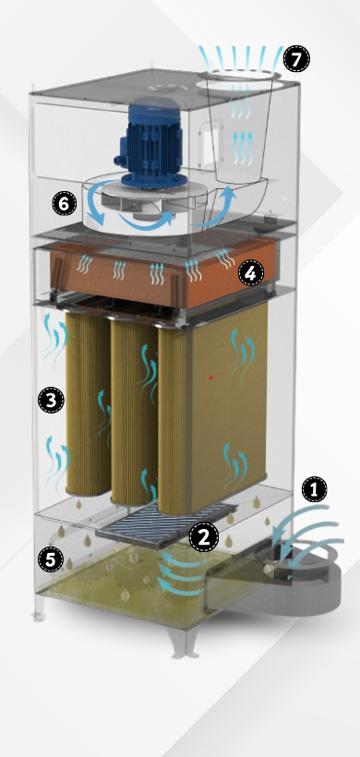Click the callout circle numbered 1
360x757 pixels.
[314, 490]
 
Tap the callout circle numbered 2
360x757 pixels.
[203, 537]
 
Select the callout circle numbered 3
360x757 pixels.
[51, 400]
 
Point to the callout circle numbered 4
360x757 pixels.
[250, 273]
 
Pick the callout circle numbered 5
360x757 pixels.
[51, 559]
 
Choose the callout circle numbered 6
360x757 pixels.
[65, 204]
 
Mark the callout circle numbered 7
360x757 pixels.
[295, 59]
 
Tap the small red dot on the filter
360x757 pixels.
[210, 377]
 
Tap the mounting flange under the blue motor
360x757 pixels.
[153, 180]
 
